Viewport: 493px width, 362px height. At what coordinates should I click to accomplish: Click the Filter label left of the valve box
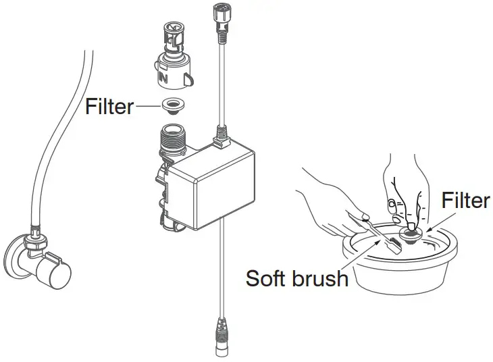109,107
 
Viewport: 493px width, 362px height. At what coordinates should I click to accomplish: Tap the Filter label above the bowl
465,201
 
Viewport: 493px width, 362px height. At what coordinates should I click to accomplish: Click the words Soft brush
297,278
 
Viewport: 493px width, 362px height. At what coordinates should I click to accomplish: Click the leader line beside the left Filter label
145,106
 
